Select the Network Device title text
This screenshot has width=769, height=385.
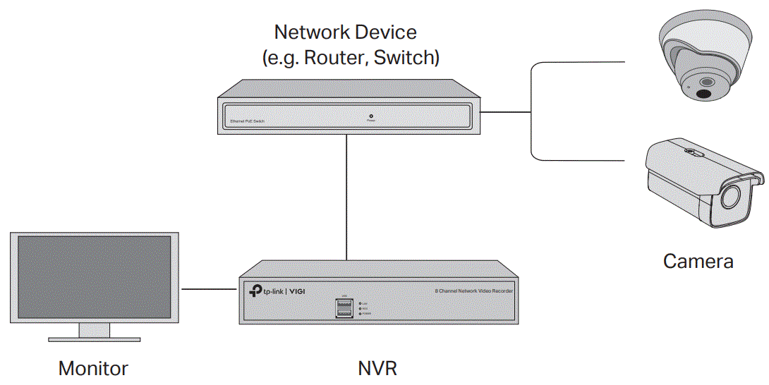click(345, 32)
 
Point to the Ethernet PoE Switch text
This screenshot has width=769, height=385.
click(248, 122)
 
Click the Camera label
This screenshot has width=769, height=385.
click(698, 262)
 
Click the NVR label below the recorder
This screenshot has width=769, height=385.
click(377, 368)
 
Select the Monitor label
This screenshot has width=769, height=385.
click(93, 368)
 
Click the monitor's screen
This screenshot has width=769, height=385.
click(94, 276)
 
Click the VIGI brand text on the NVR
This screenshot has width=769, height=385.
click(301, 291)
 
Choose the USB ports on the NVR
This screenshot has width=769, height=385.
click(344, 307)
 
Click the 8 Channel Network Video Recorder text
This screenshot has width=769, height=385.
click(473, 291)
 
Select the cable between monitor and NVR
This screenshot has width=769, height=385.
click(210, 289)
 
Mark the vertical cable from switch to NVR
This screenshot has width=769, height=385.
click(346, 197)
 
